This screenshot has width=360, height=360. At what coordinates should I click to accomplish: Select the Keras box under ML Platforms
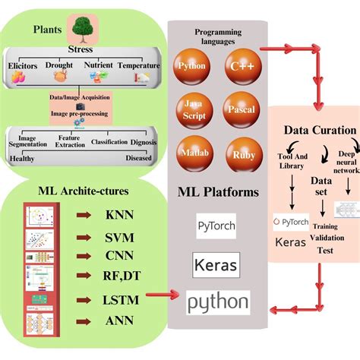tap(216, 266)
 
